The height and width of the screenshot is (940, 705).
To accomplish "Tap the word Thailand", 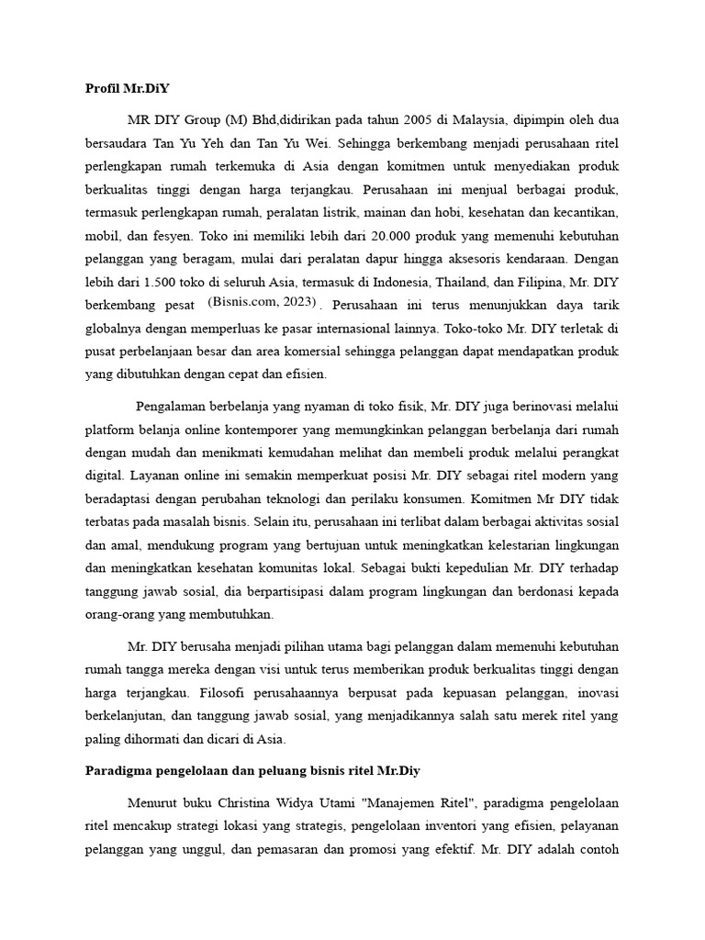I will point(488,281).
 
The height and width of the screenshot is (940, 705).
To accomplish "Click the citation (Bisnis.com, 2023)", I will point(263,301).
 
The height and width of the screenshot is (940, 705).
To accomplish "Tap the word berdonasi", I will point(545,591).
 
